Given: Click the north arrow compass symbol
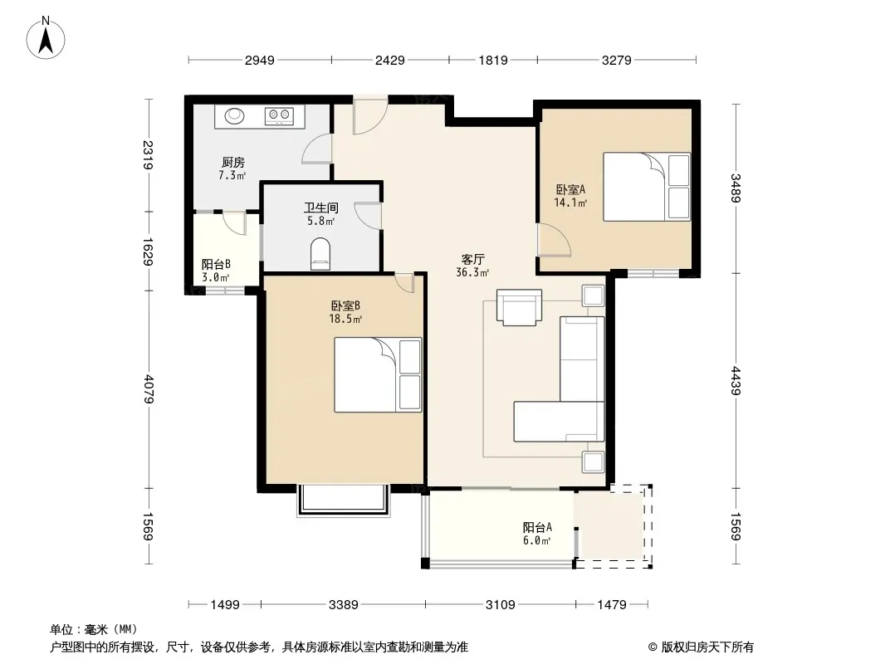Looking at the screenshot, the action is pyautogui.click(x=46, y=38).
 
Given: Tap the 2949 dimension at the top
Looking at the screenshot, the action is pyautogui.click(x=260, y=60).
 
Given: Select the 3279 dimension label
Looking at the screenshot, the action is pyautogui.click(x=616, y=60).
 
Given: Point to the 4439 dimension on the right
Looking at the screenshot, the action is pyautogui.click(x=736, y=380).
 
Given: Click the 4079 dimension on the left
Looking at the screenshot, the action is pyautogui.click(x=149, y=388).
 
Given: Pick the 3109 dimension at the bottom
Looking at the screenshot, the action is pyautogui.click(x=500, y=605).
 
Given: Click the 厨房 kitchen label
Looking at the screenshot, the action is pyautogui.click(x=232, y=163).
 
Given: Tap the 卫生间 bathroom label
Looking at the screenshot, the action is pyautogui.click(x=320, y=208).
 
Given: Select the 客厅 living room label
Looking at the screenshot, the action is pyautogui.click(x=472, y=260).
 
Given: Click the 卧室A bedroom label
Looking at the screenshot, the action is pyautogui.click(x=570, y=189).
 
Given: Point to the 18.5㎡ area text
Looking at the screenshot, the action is pyautogui.click(x=345, y=319).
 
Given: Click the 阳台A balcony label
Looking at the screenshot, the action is pyautogui.click(x=537, y=528).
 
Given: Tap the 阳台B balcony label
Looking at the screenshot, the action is pyautogui.click(x=216, y=264).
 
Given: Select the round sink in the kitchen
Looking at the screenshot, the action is pyautogui.click(x=234, y=115).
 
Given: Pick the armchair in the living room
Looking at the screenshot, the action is pyautogui.click(x=519, y=307).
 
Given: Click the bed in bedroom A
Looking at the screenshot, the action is pyautogui.click(x=647, y=186).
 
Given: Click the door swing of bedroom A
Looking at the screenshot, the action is pyautogui.click(x=555, y=241).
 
